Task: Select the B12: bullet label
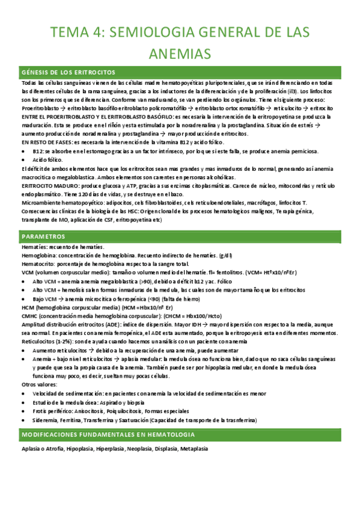coord(39,151)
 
